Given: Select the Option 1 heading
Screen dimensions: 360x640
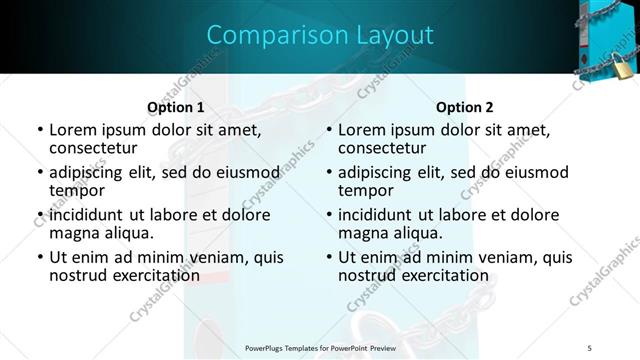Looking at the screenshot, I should [176, 107].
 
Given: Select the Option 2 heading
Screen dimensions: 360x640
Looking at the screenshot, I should [465, 107].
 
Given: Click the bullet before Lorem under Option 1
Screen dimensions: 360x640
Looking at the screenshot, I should [39, 130].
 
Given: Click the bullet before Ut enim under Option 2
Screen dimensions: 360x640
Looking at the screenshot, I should [328, 257].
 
